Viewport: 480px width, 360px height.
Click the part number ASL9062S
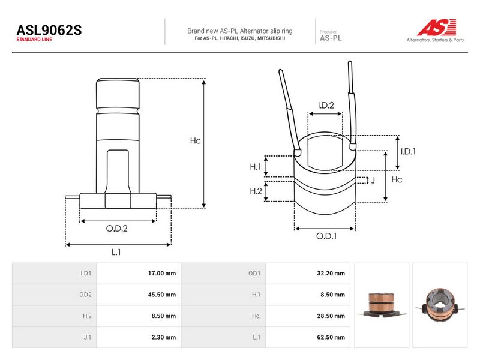49,30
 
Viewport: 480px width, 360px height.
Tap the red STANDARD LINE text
34,40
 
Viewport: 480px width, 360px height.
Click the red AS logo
437,27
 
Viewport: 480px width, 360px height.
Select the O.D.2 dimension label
116,229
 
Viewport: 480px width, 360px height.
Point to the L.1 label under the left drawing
116,252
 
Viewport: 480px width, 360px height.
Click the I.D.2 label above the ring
326,106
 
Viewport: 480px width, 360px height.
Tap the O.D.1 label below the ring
326,236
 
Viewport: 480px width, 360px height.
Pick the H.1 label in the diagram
256,167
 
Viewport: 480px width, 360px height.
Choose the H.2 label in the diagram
256,191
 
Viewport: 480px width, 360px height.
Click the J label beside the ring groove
373,181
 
